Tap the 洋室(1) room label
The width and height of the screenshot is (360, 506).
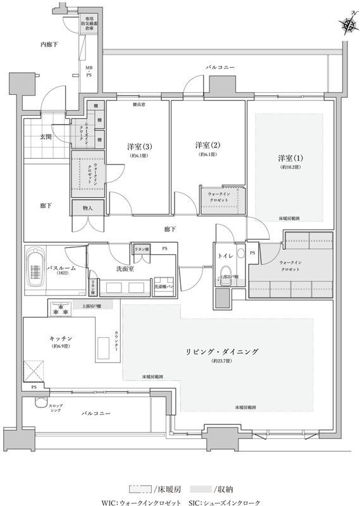[x=290, y=157]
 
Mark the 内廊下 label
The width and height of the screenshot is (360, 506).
[x=49, y=44]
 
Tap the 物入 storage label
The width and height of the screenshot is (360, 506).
[x=87, y=207]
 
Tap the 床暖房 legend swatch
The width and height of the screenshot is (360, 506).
[x=141, y=489]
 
